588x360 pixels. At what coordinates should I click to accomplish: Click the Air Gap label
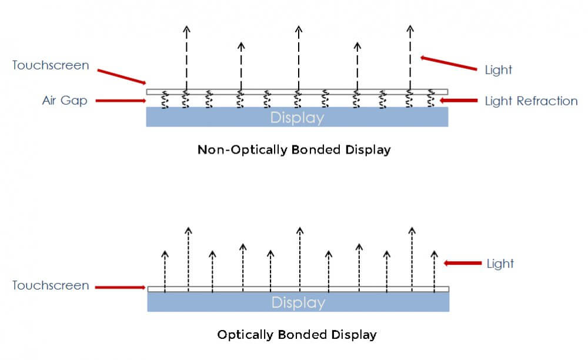[x=65, y=101]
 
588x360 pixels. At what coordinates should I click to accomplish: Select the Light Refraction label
[x=531, y=101]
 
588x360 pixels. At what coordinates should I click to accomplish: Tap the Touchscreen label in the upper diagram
[x=51, y=65]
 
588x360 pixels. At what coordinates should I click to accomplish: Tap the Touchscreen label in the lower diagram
[x=51, y=286]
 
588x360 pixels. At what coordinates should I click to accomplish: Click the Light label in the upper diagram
[x=498, y=70]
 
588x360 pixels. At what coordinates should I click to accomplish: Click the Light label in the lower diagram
[x=500, y=264]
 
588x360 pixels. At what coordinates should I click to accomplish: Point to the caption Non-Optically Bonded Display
[x=294, y=149]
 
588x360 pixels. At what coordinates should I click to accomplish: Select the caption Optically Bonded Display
[x=297, y=335]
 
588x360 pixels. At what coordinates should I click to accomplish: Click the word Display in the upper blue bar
[x=297, y=118]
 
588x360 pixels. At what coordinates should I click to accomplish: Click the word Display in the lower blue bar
[x=298, y=303]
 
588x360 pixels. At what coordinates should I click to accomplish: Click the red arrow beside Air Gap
[x=121, y=101]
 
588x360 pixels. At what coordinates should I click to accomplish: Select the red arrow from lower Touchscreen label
[x=121, y=287]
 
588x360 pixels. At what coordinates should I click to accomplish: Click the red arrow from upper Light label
[x=448, y=63]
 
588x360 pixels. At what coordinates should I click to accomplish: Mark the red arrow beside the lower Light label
[x=463, y=264]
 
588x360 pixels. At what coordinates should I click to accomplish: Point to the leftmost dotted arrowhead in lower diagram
[x=165, y=254]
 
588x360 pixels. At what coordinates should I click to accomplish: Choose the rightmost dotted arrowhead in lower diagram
[x=434, y=254]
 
